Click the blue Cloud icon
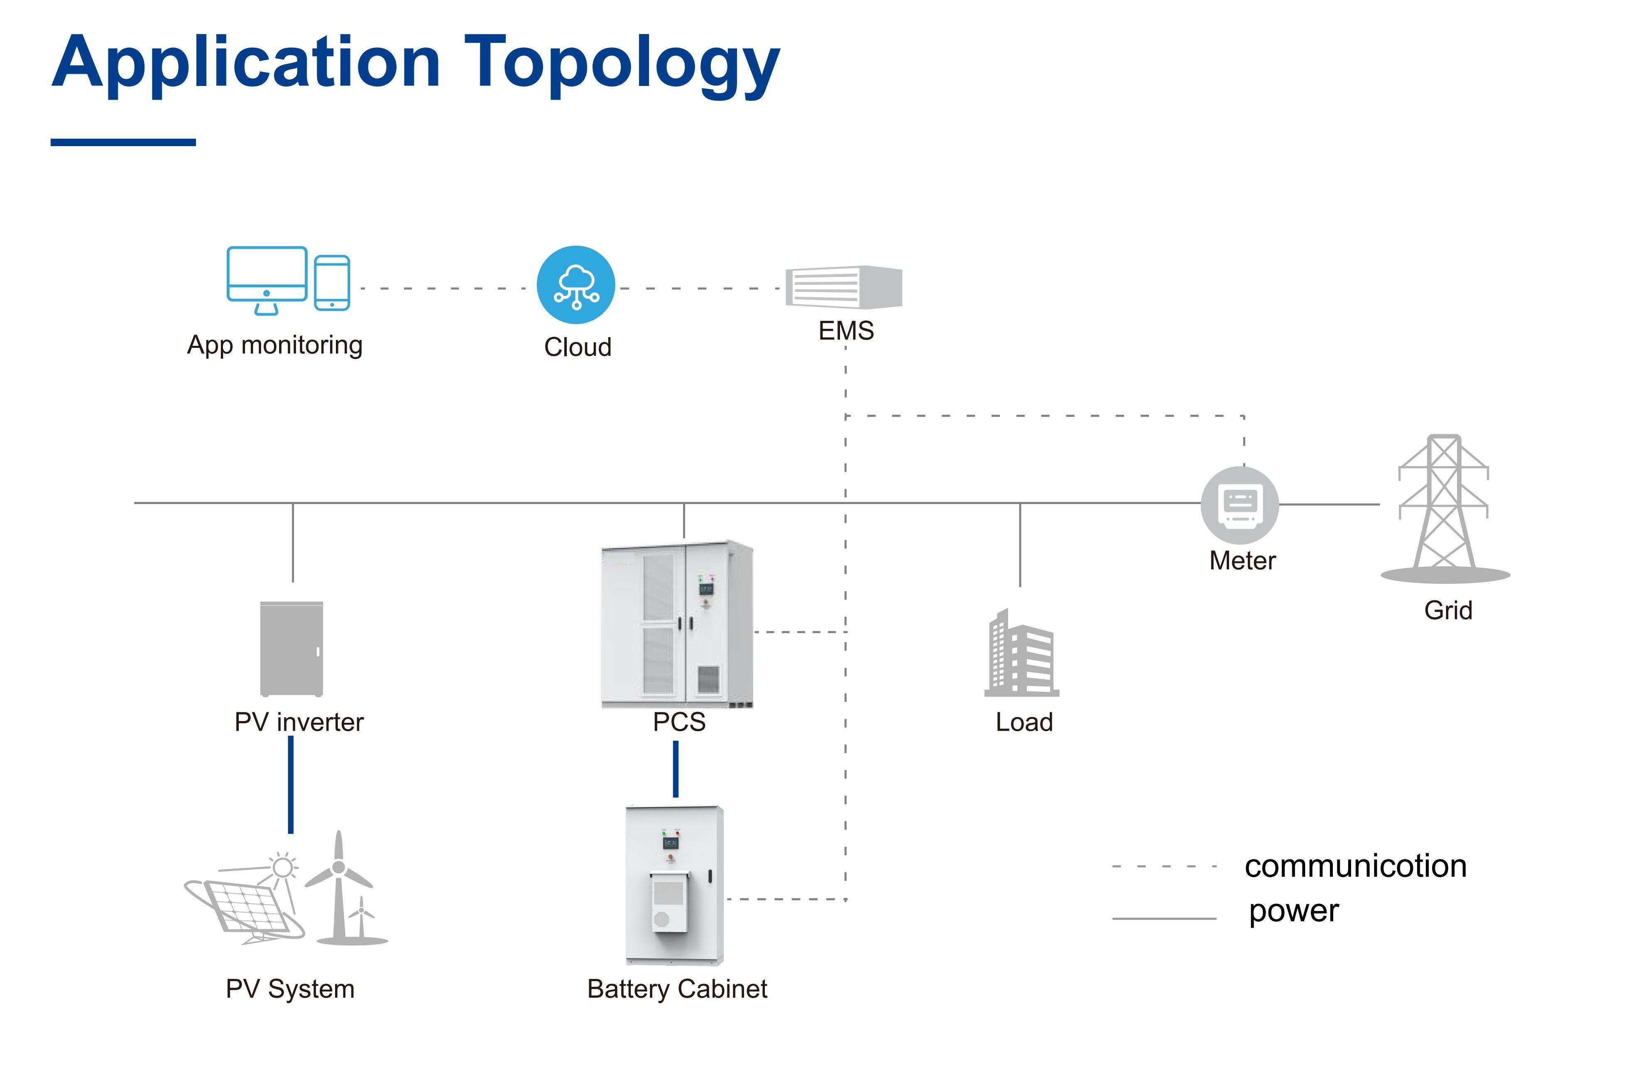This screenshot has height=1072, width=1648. click(575, 285)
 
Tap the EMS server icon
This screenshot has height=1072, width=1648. click(843, 287)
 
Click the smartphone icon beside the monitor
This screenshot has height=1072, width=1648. click(332, 283)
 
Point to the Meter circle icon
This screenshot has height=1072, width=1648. click(1239, 504)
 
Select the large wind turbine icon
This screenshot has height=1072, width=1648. click(338, 886)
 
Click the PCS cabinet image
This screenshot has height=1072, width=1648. click(676, 623)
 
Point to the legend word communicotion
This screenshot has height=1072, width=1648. click(1355, 866)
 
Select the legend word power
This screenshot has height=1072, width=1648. click(1293, 911)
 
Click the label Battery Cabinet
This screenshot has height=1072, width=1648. click(676, 989)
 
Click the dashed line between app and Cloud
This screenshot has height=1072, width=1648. click(443, 288)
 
